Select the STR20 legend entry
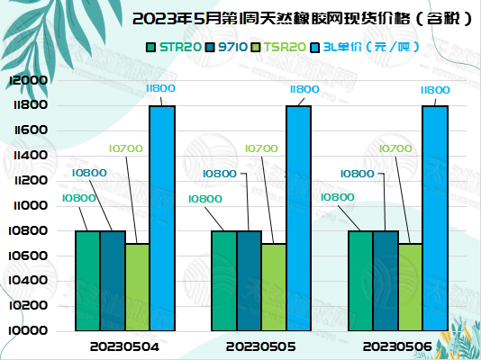[175, 46]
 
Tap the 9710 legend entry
[229, 46]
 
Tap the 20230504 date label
[125, 346]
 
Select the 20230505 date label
[261, 346]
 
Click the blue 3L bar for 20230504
[162, 219]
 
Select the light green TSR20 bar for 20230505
[274, 287]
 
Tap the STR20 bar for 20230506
[360, 281]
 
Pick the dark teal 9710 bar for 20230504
[113, 281]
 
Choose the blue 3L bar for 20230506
[435, 219]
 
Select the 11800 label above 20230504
[161, 89]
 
